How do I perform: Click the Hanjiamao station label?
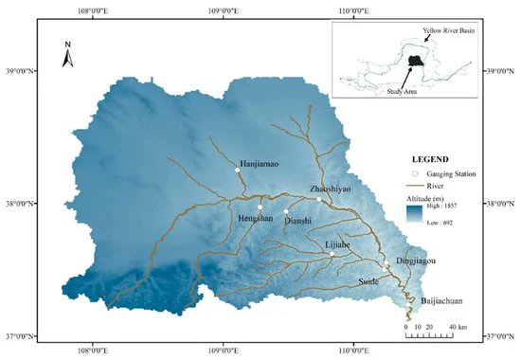(x=262, y=162)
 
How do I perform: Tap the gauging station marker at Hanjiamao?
(x=237, y=171)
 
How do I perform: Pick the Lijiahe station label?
(x=338, y=244)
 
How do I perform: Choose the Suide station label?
(x=368, y=281)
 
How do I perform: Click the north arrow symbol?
(x=67, y=56)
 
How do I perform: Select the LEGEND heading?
(x=430, y=158)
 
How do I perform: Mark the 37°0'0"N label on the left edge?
(x=21, y=335)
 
